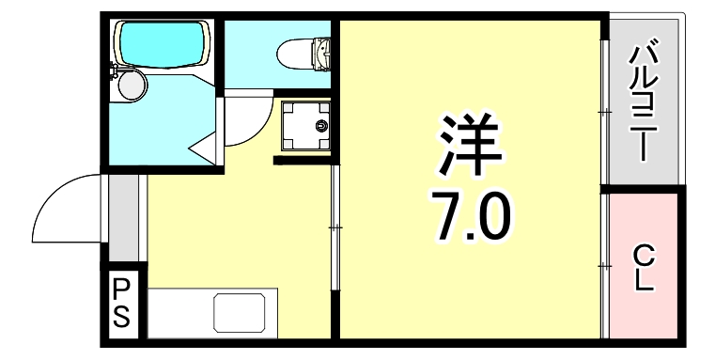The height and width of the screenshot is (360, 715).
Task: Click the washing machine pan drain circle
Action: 322,125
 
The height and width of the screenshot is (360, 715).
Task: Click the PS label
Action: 122,303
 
